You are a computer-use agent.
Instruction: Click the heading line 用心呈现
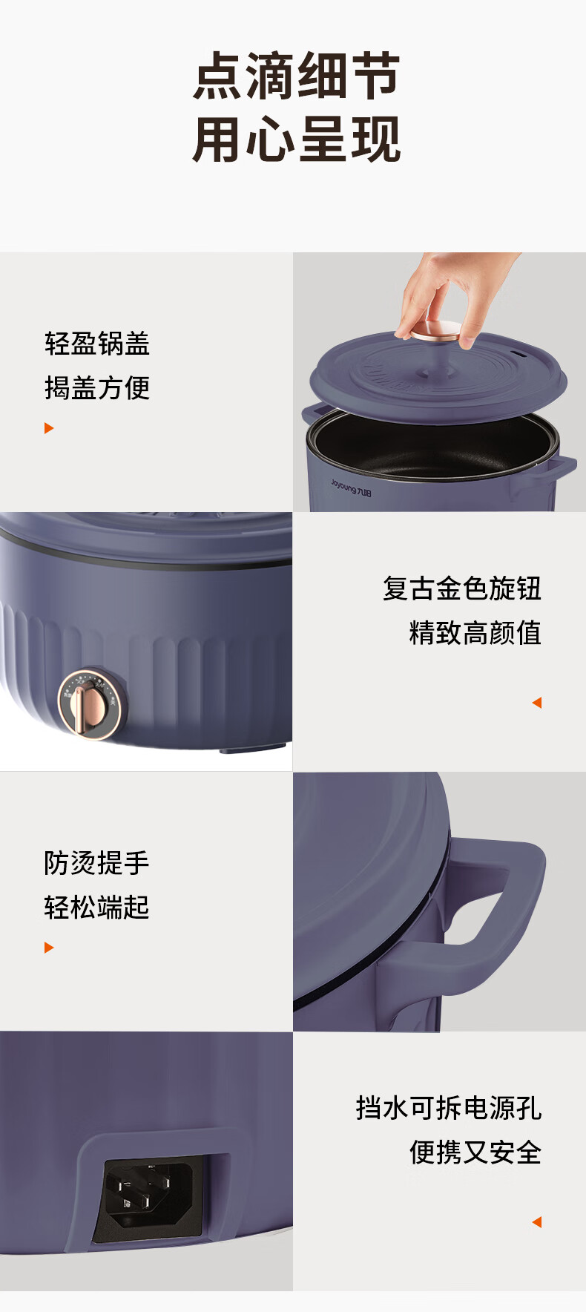(x=297, y=139)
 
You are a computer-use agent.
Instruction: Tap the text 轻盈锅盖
(x=97, y=344)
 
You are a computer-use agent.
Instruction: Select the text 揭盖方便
(x=97, y=387)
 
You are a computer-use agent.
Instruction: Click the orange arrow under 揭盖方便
(x=49, y=428)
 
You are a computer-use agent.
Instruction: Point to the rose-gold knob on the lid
(x=437, y=331)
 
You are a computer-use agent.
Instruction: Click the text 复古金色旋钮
(x=462, y=588)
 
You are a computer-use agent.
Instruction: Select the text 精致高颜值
(x=475, y=633)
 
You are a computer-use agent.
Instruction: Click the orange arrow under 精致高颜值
(x=537, y=703)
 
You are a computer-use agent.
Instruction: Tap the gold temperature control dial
(x=90, y=704)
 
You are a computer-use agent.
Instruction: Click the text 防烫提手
(x=97, y=863)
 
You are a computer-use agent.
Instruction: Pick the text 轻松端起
(x=97, y=907)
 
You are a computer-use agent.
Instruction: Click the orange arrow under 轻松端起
(x=49, y=948)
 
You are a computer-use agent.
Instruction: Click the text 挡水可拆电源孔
(x=449, y=1108)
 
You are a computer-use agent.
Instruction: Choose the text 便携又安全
(x=475, y=1152)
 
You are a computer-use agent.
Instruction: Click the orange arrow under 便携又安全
(x=537, y=1222)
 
